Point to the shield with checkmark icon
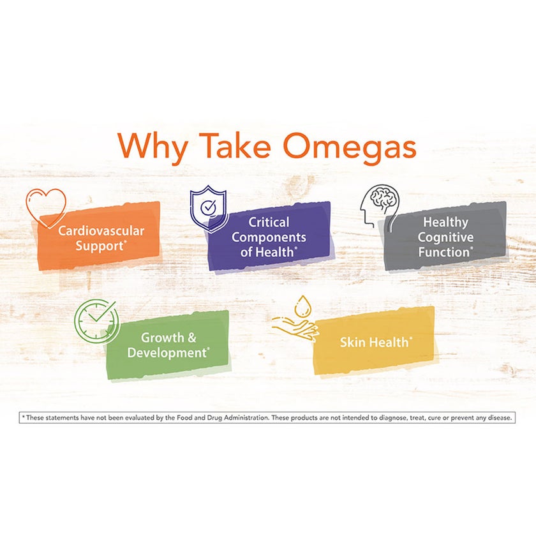209,209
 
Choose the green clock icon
96,320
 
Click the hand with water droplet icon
295,322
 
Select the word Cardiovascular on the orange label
101,230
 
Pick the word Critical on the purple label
269,222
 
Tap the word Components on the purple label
269,237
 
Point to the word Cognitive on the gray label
445,237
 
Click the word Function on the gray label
444,252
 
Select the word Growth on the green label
159,338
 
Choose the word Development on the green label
167,352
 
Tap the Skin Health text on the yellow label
375,342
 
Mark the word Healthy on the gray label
445,222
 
